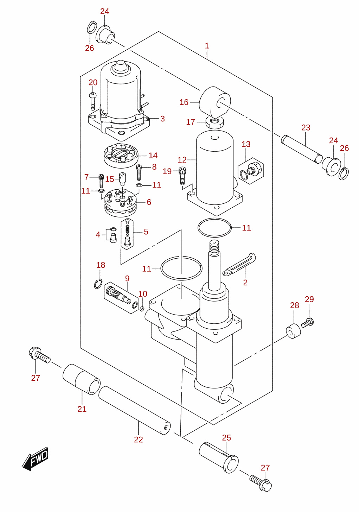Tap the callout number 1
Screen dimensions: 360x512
(207, 46)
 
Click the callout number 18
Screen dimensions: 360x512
(101, 265)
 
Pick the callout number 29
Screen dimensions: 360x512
(309, 299)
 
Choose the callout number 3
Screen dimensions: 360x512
(162, 119)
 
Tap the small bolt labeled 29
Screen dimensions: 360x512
(308, 323)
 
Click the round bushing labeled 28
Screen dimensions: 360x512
(293, 331)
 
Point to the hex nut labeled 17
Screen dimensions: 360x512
(215, 122)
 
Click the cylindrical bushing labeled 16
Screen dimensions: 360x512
(215, 102)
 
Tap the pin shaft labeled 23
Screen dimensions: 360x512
(302, 150)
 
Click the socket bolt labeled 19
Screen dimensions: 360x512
(182, 176)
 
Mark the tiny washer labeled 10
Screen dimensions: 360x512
(142, 309)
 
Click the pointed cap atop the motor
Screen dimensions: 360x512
(120, 67)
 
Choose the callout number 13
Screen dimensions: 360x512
(246, 144)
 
